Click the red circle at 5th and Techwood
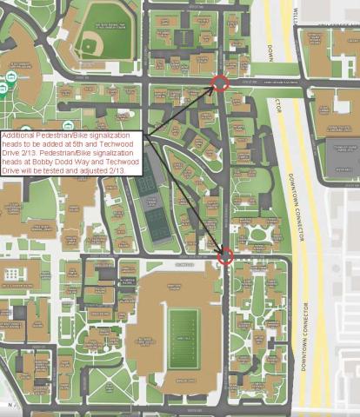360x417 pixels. (221, 83)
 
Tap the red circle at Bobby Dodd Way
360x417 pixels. (225, 256)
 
